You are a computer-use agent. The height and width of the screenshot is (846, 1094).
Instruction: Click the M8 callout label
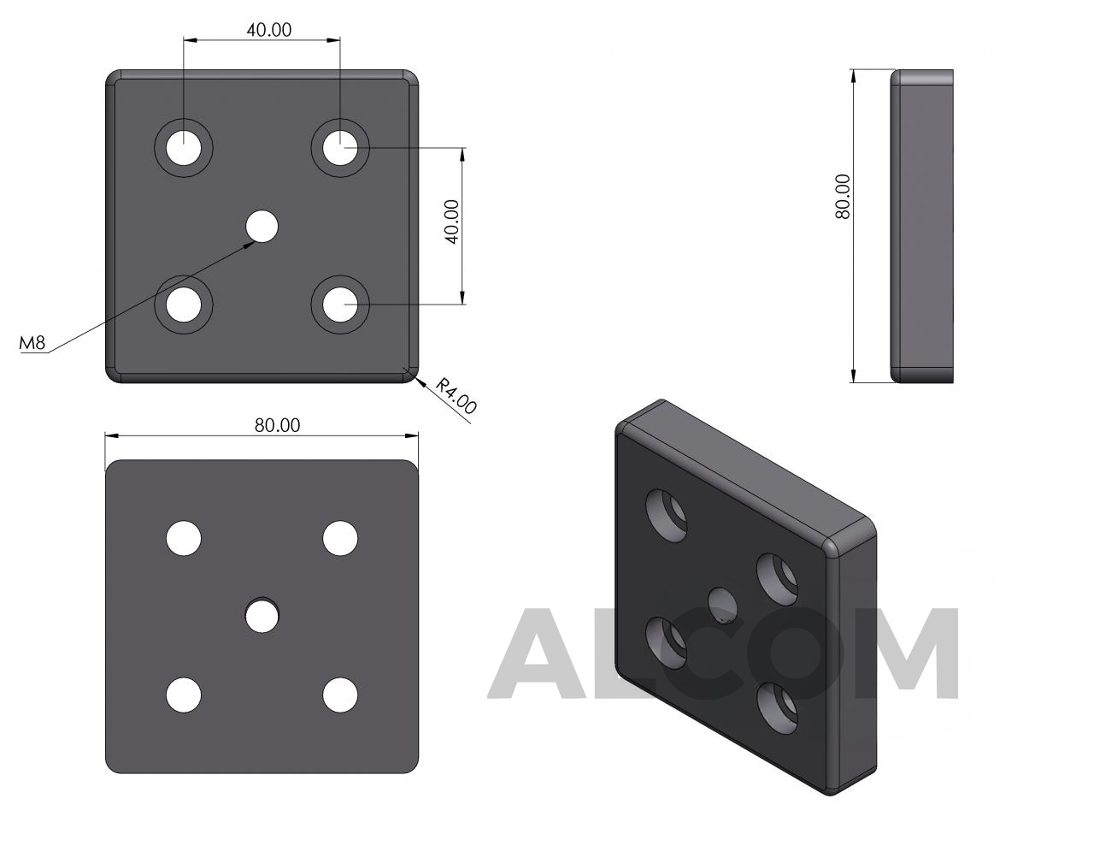pyautogui.click(x=32, y=343)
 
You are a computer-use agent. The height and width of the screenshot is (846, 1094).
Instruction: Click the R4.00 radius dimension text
pyautogui.click(x=456, y=396)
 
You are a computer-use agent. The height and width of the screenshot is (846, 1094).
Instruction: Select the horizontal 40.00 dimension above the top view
pyautogui.click(x=269, y=30)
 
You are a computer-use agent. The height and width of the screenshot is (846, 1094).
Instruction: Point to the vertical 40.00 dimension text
pyautogui.click(x=453, y=222)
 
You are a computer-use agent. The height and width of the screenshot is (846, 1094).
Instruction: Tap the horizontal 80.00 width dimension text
pyautogui.click(x=278, y=426)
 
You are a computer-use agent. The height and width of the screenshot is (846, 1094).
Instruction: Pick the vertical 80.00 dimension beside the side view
pyautogui.click(x=842, y=197)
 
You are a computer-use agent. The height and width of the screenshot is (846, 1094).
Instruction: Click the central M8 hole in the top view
pyautogui.click(x=262, y=226)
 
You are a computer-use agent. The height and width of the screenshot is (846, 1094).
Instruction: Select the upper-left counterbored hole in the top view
pyautogui.click(x=184, y=148)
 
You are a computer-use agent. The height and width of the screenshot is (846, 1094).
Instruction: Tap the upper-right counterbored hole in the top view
pyautogui.click(x=340, y=148)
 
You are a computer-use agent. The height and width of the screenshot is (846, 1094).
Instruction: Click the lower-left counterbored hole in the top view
pyautogui.click(x=184, y=305)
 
